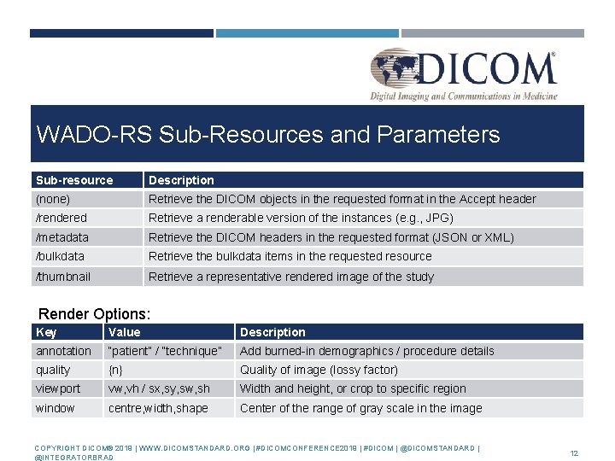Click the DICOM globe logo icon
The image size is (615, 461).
coord(395,68)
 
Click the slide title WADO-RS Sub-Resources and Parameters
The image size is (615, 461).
coord(267,135)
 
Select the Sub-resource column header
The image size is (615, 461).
coord(74,180)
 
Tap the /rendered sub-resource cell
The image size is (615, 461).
coord(61,218)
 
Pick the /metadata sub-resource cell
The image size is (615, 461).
coord(62,237)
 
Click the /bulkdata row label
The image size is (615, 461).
coord(60,256)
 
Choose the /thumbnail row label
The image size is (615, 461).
coord(63,277)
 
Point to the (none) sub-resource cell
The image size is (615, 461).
coord(53,199)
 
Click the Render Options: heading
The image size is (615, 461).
coord(95,313)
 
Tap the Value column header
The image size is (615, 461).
coord(125,332)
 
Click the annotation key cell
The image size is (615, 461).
coord(63,351)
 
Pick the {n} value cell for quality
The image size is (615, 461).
coord(115,370)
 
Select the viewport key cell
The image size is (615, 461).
coord(58,388)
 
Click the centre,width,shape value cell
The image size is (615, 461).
coord(158,408)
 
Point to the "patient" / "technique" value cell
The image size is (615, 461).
coord(165,351)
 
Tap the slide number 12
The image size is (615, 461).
coord(574,453)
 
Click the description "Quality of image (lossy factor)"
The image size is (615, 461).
coord(319,370)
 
